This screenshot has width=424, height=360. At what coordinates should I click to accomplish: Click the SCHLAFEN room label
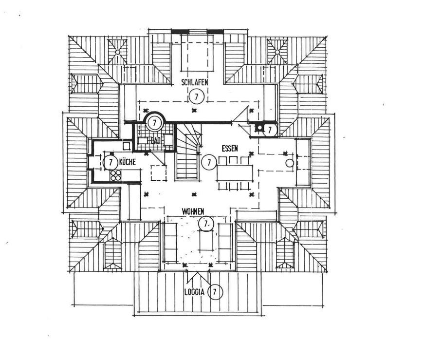coord(195,82)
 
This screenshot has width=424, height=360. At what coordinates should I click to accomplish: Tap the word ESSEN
coord(229,148)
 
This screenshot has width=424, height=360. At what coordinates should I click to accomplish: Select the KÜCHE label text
coord(127,162)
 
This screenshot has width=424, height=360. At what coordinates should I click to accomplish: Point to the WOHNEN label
coord(193,211)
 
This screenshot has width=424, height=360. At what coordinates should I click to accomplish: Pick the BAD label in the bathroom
coord(156,140)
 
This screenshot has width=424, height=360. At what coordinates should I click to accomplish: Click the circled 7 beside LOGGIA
coord(215,292)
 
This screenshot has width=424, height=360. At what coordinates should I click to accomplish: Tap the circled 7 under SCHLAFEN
coord(196,96)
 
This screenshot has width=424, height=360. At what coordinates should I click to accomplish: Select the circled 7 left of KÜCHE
coord(110,162)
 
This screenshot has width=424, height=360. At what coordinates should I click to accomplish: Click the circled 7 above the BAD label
coord(154,123)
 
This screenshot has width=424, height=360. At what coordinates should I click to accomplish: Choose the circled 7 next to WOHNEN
coord(206,223)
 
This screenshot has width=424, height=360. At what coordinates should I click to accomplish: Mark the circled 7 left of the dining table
coord(209,162)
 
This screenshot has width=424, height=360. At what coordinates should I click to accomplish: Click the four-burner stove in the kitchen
coord(116,176)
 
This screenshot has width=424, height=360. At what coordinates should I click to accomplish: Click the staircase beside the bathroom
coord(187,151)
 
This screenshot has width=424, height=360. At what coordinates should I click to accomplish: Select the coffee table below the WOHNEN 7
coord(206,240)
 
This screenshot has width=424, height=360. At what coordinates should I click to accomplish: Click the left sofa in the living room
coord(171,242)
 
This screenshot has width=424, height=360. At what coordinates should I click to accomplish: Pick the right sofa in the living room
coord(225,242)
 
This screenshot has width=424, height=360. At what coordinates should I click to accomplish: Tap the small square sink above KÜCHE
coord(126,145)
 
